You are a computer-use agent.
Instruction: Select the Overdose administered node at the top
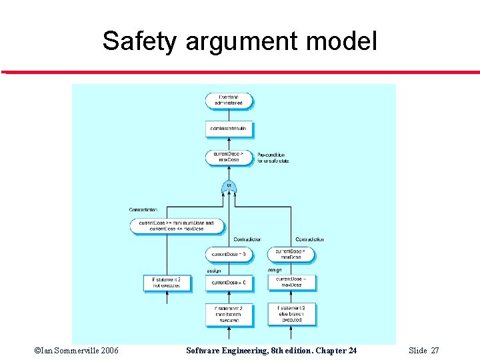pyautogui.click(x=229, y=101)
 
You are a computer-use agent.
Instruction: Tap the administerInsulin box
pyautogui.click(x=229, y=128)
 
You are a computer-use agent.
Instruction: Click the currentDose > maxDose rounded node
pyautogui.click(x=229, y=157)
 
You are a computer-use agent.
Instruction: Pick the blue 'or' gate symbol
pyautogui.click(x=229, y=187)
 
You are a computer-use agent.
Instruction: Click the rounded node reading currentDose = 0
pyautogui.click(x=229, y=254)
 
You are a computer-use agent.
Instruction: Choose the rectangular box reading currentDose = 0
pyautogui.click(x=229, y=283)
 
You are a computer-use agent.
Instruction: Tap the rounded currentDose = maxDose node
pyautogui.click(x=291, y=254)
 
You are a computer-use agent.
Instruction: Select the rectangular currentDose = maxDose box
pyautogui.click(x=291, y=283)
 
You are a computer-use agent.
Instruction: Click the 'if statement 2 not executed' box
pyautogui.click(x=162, y=283)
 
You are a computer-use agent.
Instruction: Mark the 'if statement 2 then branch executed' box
pyautogui.click(x=229, y=314)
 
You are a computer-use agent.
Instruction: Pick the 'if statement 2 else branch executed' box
pyautogui.click(x=291, y=314)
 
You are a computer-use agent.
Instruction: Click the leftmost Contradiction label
pyautogui.click(x=143, y=210)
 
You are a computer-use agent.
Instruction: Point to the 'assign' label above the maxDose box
pyautogui.click(x=275, y=270)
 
